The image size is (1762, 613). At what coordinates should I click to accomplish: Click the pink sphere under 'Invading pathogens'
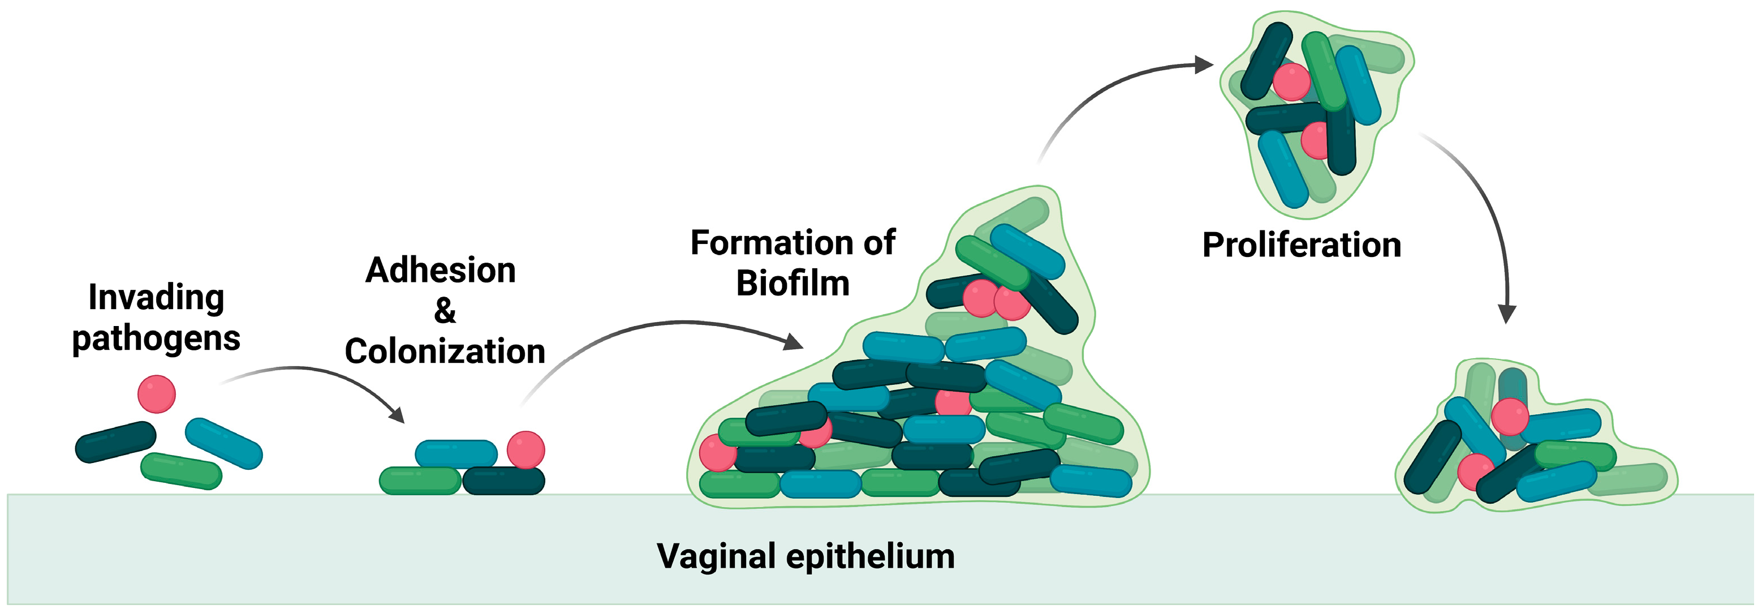[157, 394]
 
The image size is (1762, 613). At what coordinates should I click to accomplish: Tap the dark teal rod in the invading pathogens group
[115, 442]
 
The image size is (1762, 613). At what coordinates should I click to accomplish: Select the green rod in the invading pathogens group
[181, 471]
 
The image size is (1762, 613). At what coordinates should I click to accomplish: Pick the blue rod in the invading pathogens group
[223, 443]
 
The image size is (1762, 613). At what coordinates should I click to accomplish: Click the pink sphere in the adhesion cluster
[525, 449]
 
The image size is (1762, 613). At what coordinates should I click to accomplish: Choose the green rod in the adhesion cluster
[420, 481]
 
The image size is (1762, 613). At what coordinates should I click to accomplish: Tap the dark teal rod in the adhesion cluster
[504, 481]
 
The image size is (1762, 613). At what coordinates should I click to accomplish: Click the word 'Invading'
[156, 298]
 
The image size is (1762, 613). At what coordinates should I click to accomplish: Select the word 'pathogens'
[156, 338]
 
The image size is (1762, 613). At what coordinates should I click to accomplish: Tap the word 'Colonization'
[445, 351]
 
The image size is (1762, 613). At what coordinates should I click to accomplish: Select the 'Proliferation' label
[1302, 245]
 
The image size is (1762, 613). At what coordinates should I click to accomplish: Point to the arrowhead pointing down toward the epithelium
[1507, 314]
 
